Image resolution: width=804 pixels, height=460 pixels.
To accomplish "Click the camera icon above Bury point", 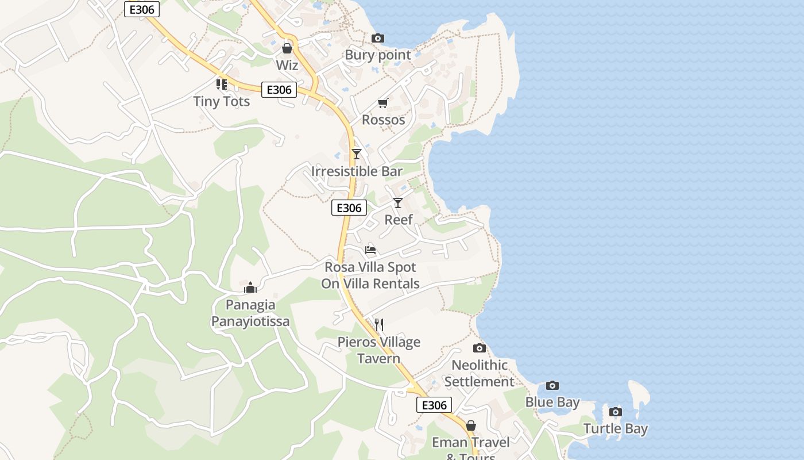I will pos(378,39).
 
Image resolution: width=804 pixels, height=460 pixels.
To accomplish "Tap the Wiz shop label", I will pos(287,65).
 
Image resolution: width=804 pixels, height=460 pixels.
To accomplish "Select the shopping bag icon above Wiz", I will pos(287,48).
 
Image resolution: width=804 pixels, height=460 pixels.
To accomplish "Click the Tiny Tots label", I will pos(222,101).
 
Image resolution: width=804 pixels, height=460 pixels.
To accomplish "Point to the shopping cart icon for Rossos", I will pos(383,103).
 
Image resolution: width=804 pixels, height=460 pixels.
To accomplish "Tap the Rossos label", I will pos(383,120).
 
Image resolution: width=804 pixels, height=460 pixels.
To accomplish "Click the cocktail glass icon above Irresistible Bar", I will pos(357,154).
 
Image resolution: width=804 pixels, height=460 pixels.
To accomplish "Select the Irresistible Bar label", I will pos(357,171).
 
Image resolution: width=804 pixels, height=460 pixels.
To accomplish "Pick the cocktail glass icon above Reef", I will pos(398,203).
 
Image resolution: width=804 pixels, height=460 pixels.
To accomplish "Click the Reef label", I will pos(398,220).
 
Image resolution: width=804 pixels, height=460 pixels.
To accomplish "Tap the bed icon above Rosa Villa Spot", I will pos(370,250).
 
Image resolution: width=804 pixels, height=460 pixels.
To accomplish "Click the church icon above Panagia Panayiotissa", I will pos(250,287).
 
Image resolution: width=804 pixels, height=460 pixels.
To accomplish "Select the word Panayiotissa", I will pos(250,321).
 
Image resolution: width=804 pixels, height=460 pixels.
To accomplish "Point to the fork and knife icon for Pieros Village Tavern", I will pos(378,325).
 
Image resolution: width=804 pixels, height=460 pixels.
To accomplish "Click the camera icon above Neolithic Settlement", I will pos(479,348).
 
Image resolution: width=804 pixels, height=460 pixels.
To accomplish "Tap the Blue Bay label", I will pos(552,402).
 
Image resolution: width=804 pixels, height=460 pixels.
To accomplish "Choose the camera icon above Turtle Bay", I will pos(616,412).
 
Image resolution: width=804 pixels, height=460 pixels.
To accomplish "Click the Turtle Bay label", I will pos(616,428).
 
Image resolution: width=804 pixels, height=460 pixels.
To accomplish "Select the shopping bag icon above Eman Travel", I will pos(471,425).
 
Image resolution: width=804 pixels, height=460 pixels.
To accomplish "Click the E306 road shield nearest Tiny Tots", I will pos(279,90).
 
